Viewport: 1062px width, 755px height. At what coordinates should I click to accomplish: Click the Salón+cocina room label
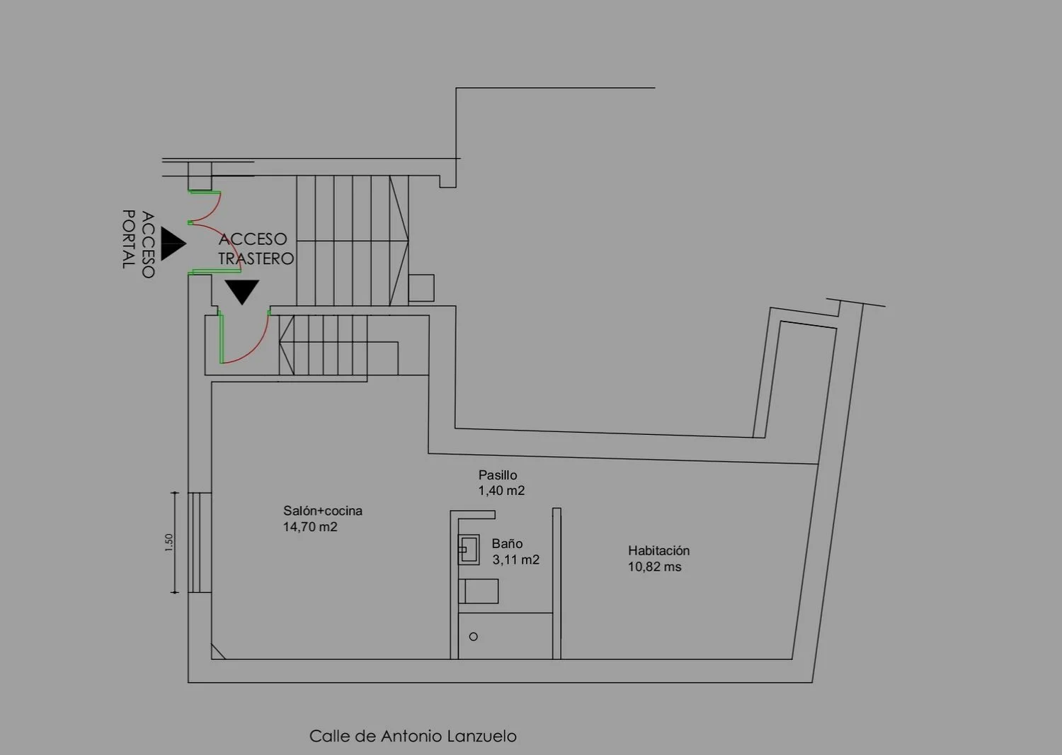323,511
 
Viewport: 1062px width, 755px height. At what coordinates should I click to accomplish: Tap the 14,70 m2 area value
310,527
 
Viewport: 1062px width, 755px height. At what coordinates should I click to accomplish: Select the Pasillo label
497,475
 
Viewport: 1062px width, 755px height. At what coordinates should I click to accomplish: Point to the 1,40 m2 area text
501,490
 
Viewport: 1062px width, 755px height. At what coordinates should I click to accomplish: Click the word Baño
507,543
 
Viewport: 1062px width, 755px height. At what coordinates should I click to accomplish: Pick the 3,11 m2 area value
515,560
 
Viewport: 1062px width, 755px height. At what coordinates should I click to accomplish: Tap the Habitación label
658,550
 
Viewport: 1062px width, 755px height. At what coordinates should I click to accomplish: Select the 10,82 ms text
654,567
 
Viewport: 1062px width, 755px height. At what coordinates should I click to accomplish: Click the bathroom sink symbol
469,550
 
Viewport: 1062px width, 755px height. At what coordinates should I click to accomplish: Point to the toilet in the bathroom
479,591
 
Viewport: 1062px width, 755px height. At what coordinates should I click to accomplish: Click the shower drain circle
473,637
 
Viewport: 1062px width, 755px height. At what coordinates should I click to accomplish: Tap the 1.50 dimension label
169,543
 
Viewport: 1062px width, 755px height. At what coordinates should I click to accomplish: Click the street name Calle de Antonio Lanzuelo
413,736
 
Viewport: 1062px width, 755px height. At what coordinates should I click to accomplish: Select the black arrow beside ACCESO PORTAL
173,244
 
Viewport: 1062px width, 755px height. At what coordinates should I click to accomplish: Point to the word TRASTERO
256,259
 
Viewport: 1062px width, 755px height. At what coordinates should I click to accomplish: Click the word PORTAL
130,239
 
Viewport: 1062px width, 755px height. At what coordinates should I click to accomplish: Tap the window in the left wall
200,543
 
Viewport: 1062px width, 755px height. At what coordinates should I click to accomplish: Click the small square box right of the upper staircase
421,288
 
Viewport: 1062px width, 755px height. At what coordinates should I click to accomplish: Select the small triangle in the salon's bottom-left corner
216,652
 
